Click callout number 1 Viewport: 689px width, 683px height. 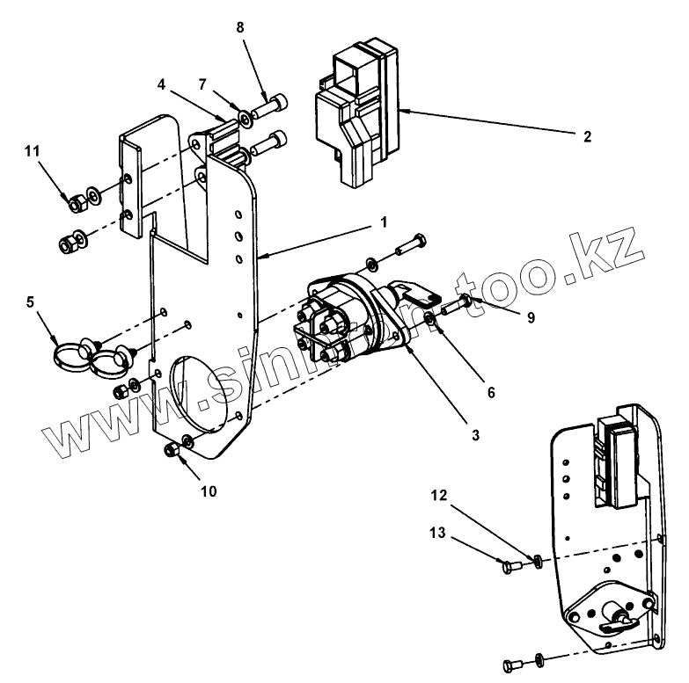[384, 223]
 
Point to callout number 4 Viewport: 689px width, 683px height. [161, 85]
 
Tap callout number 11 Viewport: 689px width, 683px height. [33, 151]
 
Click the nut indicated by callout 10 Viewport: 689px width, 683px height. [172, 451]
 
